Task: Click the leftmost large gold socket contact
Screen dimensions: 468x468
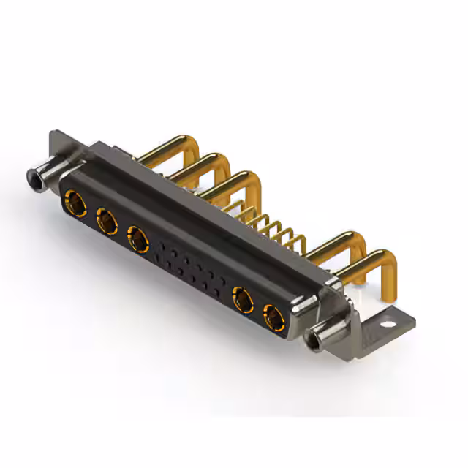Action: (74, 200)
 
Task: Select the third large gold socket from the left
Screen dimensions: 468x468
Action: (137, 238)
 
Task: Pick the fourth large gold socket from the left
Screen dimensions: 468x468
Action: (242, 299)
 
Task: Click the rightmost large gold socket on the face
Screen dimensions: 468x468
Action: (274, 317)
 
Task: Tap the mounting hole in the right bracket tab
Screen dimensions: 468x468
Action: (385, 320)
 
